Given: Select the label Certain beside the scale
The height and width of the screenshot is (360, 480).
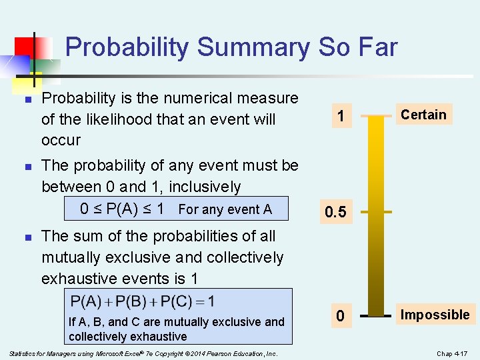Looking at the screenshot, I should click(423, 115).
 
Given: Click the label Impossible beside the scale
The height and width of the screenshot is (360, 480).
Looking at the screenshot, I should click(435, 315).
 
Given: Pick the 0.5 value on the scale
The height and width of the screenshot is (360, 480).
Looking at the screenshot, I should click(335, 212).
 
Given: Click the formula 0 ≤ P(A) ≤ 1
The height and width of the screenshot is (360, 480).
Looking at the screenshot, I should click(122, 209).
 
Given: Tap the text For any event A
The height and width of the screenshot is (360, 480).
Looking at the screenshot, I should click(225, 209).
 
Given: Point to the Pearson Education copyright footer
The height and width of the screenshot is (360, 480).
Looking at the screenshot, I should click(143, 353).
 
